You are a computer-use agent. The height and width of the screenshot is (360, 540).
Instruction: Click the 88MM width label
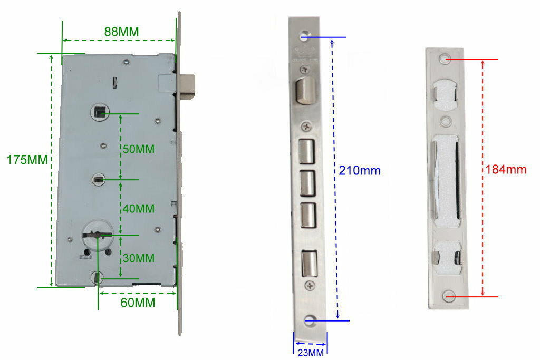pyautogui.click(x=122, y=32)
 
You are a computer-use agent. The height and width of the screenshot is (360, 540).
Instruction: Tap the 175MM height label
pyautogui.click(x=27, y=160)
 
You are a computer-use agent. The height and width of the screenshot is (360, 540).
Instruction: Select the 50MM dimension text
pyautogui.click(x=139, y=149)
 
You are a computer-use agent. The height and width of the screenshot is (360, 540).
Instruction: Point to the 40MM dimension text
pyautogui.click(x=139, y=209)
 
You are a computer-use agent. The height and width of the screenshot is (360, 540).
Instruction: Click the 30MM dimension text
pyautogui.click(x=139, y=258)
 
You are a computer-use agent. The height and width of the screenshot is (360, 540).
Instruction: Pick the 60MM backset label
pyautogui.click(x=138, y=303)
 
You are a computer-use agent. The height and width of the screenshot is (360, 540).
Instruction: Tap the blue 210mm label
pyautogui.click(x=360, y=170)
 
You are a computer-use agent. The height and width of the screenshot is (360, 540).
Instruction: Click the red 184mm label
pyautogui.click(x=506, y=169)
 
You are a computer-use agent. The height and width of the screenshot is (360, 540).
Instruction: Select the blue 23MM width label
pyautogui.click(x=311, y=353)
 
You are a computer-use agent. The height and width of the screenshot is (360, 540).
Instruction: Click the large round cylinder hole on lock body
pyautogui.click(x=98, y=235)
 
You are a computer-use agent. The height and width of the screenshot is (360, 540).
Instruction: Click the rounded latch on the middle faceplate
pyautogui.click(x=305, y=91)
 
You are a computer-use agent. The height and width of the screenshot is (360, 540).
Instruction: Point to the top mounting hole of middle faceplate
pyautogui.click(x=305, y=36)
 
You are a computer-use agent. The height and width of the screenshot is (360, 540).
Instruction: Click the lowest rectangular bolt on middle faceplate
pyautogui.click(x=309, y=264)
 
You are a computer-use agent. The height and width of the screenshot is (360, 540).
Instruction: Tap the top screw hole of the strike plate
pyautogui.click(x=445, y=58)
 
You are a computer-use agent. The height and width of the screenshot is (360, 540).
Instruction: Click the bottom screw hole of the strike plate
pyautogui.click(x=449, y=296)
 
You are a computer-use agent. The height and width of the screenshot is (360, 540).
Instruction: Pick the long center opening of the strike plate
pyautogui.click(x=447, y=180)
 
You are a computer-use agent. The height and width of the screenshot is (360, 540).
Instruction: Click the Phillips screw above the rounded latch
pyautogui.click(x=304, y=70)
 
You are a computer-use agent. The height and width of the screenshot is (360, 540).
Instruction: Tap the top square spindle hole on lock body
pyautogui.click(x=100, y=113)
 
